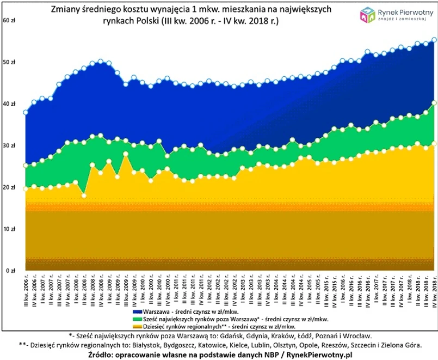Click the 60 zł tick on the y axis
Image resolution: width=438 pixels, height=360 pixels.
(x=9, y=20)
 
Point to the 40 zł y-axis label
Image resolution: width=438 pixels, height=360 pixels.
(x=9, y=104)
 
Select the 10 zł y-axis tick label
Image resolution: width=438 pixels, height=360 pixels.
(x=9, y=229)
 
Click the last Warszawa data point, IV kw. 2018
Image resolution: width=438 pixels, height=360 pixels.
(x=434, y=39)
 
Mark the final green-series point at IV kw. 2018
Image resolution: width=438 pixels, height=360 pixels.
(x=434, y=102)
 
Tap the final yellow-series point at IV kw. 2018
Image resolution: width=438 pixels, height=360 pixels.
(x=434, y=144)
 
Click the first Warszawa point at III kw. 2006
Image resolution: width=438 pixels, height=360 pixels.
(x=25, y=112)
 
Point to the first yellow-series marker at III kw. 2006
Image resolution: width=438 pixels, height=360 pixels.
(x=25, y=189)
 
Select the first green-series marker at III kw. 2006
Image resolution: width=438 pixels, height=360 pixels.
(x=25, y=165)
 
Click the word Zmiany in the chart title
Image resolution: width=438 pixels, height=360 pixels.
(x=65, y=10)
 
